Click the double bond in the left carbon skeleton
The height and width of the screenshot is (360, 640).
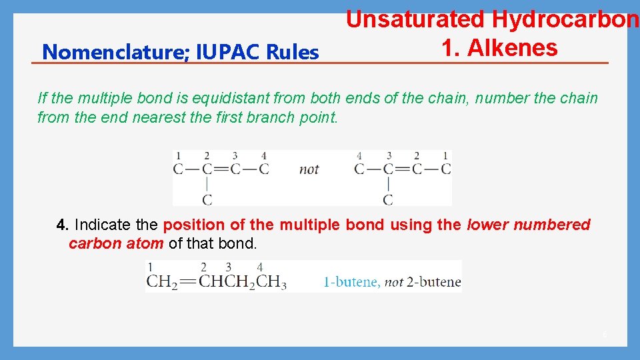pos(221,169)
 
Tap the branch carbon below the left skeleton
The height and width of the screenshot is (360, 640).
pos(207,199)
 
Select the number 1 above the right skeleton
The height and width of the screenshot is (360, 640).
pos(445,156)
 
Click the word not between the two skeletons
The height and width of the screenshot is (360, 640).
pos(309,169)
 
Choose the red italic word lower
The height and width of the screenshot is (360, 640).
pos(489,225)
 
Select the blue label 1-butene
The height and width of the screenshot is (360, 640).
pos(351,282)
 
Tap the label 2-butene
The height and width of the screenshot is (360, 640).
pos(433,282)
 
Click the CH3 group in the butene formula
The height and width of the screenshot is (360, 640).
pos(272,282)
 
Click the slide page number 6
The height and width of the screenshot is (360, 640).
pos(605,334)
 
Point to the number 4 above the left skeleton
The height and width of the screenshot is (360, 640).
pos(264,156)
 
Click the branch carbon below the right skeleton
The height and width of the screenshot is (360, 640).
pos(388,199)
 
